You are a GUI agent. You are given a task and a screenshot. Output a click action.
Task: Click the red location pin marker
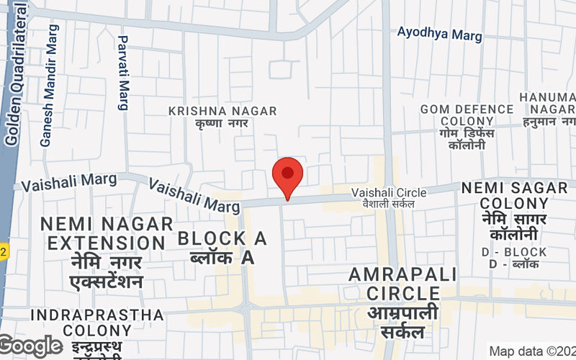(x=288, y=175)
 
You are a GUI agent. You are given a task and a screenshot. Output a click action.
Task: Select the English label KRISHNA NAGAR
(x=222, y=110)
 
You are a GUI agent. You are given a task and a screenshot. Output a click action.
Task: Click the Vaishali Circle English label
(x=389, y=192)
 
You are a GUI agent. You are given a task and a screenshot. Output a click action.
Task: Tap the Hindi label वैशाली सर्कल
(x=389, y=204)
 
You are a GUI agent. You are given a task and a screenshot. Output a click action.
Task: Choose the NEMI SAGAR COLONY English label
(x=515, y=196)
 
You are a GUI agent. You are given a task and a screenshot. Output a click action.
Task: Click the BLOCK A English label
(x=222, y=238)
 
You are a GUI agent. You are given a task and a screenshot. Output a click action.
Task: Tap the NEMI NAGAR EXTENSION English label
(x=107, y=233)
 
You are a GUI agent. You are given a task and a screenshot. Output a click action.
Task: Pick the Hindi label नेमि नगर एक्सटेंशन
(x=107, y=271)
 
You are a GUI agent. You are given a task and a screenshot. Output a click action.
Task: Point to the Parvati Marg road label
(x=123, y=73)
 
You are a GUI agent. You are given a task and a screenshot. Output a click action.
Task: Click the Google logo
(x=30, y=346)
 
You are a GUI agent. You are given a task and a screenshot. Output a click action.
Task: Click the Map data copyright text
(x=531, y=351)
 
